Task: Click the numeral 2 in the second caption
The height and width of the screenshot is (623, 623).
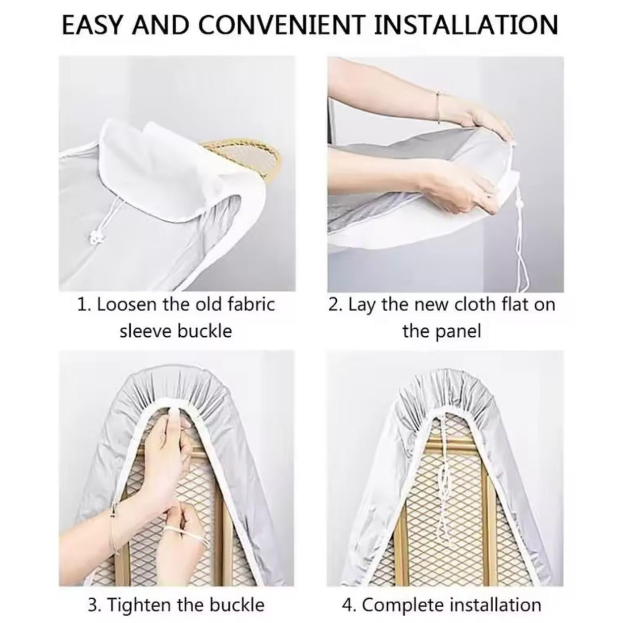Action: [x=333, y=305]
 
